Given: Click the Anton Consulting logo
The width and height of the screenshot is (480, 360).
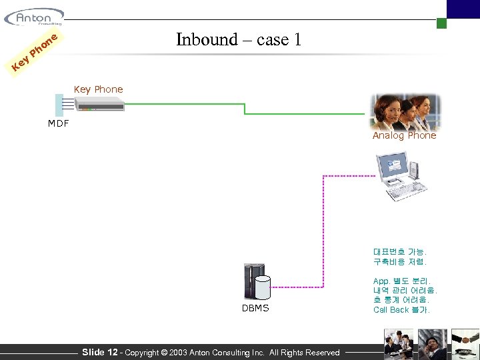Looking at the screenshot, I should (x=33, y=16).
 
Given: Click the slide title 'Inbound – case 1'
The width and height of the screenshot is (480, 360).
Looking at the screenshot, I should (x=239, y=39).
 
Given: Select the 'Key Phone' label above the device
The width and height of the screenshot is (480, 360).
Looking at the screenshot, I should (x=98, y=89).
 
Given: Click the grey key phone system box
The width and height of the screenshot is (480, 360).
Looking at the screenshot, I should (x=99, y=104).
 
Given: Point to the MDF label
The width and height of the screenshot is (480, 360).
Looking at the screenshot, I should (x=58, y=123).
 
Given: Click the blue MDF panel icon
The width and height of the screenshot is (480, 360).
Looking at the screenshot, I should (x=59, y=105).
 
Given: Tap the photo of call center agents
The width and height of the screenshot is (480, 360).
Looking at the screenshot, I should (x=405, y=111).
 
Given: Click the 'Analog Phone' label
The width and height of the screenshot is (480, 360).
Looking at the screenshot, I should (x=404, y=135).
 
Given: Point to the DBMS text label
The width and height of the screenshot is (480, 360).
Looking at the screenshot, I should (x=255, y=308).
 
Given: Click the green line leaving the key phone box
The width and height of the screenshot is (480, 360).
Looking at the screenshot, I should (x=180, y=103).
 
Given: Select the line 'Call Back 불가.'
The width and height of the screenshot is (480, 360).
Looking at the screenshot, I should (x=401, y=309).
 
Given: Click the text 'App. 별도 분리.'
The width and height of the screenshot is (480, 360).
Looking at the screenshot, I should (x=402, y=281).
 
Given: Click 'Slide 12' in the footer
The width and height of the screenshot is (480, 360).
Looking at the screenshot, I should (x=99, y=352).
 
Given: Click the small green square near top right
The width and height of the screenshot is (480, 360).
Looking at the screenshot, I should (x=441, y=23).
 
